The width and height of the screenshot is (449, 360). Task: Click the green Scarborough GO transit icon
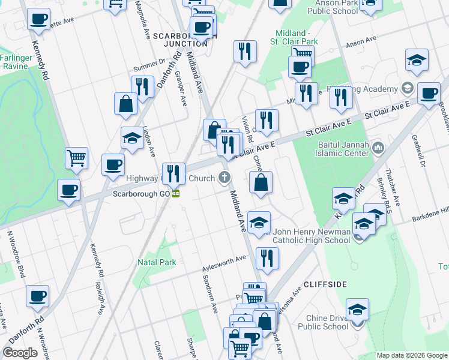tap(176, 193)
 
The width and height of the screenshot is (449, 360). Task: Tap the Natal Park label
tap(157, 262)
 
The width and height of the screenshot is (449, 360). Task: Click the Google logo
tap(20, 353)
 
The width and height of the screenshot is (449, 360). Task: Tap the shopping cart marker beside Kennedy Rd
tap(77, 158)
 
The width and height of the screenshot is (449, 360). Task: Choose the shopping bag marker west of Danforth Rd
tap(126, 103)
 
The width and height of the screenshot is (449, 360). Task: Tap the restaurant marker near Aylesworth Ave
tap(267, 258)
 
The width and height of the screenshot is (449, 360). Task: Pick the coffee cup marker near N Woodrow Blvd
tap(38, 295)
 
